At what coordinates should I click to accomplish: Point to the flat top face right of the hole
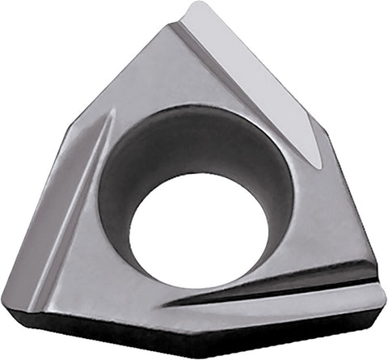click(x=323, y=218)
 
